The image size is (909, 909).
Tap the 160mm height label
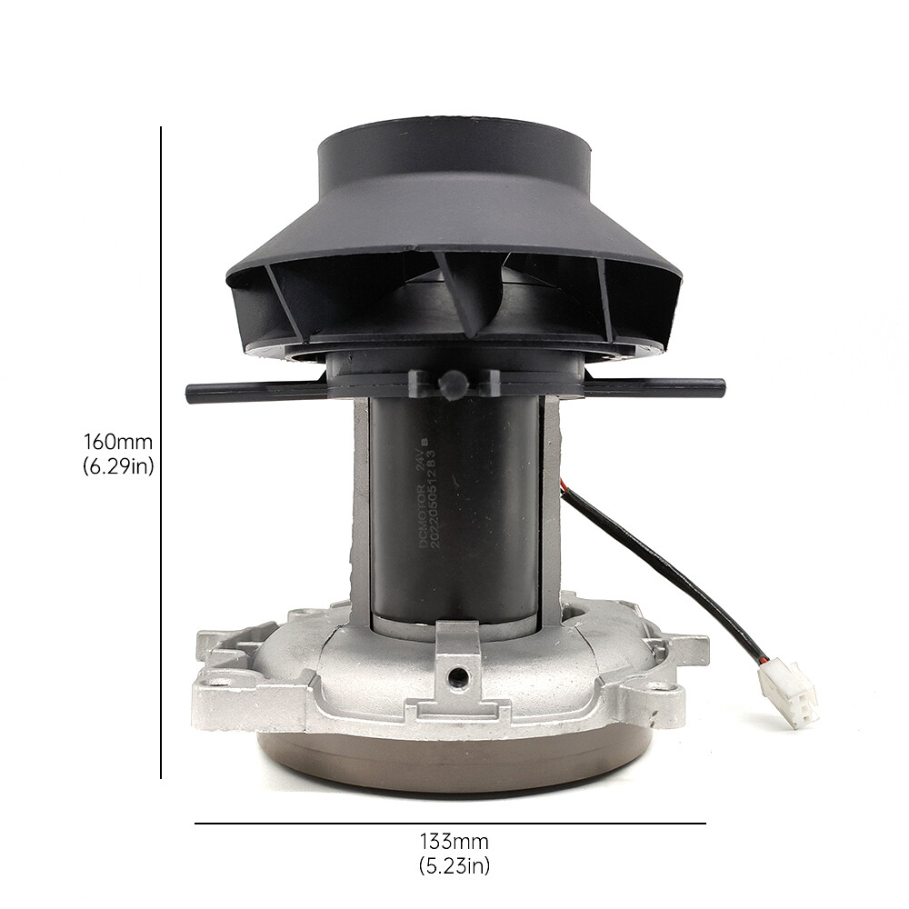coord(118,443)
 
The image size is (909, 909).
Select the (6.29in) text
coord(118,468)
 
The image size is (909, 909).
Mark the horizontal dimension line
coord(450,824)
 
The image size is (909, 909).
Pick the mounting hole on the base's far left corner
coord(218,677)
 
